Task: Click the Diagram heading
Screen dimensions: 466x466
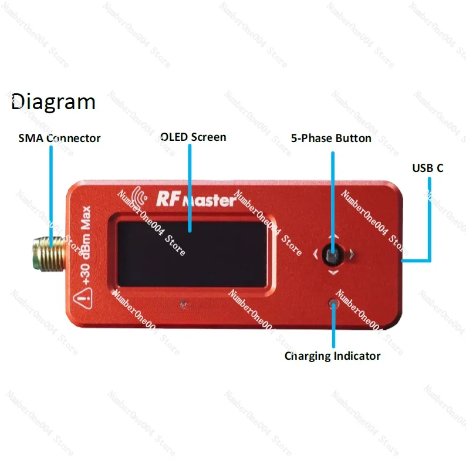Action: click(x=53, y=102)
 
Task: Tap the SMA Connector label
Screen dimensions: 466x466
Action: click(x=59, y=139)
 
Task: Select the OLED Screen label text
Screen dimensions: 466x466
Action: click(x=193, y=137)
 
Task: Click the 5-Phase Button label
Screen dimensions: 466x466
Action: click(x=331, y=139)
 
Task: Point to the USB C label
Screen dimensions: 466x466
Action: click(x=427, y=168)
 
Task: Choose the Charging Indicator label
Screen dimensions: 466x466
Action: click(x=332, y=356)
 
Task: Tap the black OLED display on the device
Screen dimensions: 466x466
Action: click(x=191, y=254)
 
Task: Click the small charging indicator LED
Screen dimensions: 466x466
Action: click(x=333, y=303)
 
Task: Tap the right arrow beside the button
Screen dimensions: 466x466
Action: click(x=351, y=255)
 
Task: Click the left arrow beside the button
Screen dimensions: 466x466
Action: click(x=315, y=255)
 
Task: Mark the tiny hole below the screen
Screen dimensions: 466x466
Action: click(x=184, y=304)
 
